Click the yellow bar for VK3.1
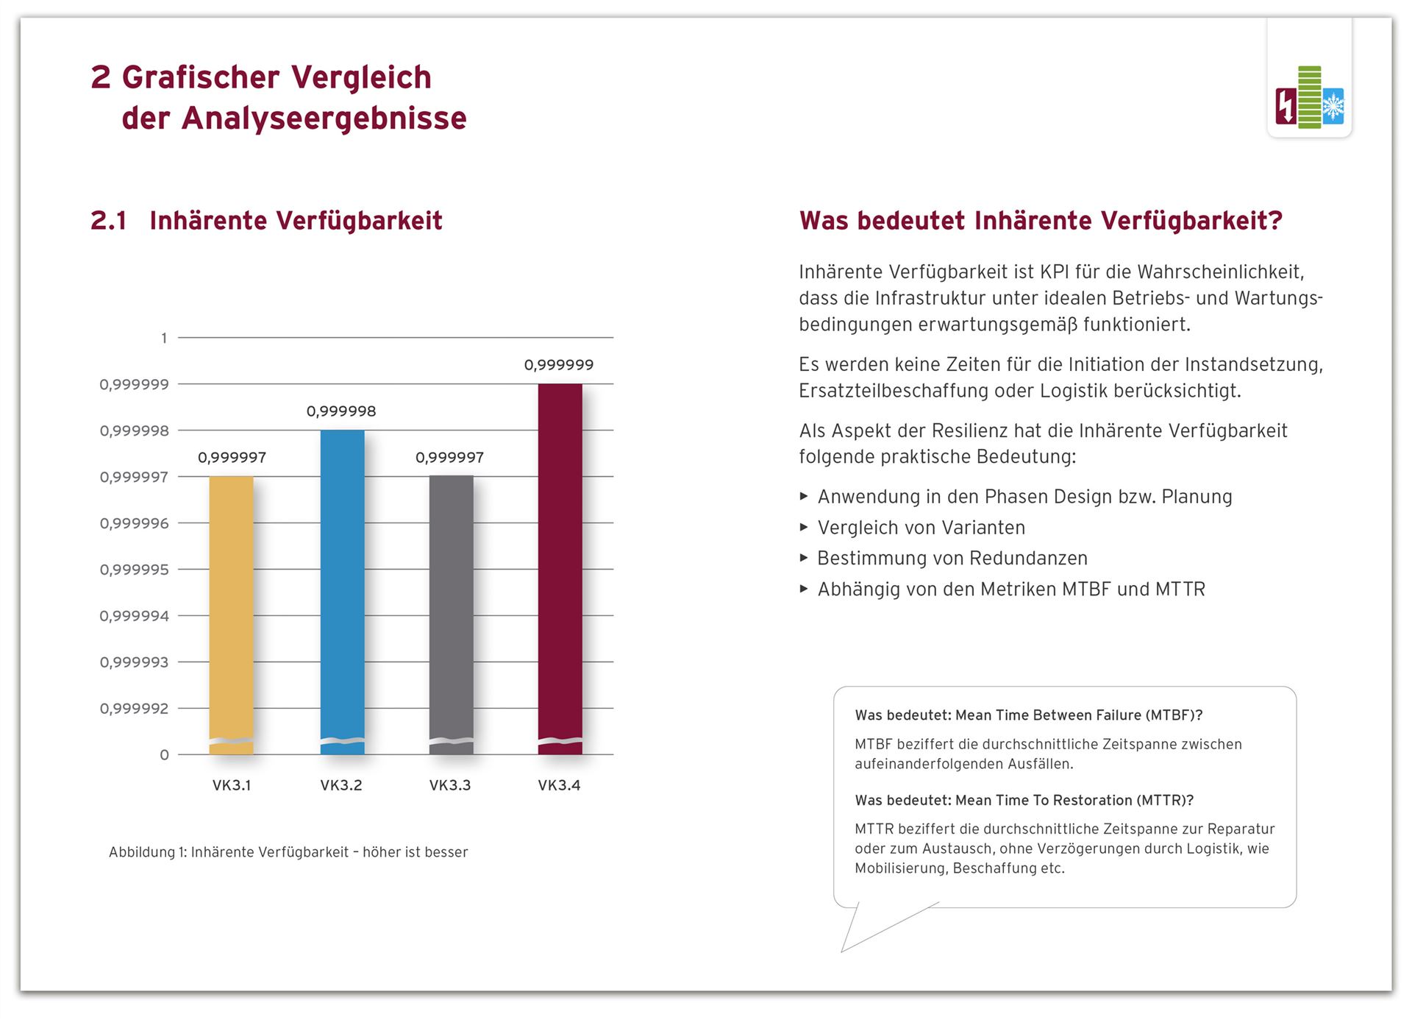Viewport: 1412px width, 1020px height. point(232,615)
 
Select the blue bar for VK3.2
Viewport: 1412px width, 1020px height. point(343,592)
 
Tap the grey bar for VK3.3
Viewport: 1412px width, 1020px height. point(452,615)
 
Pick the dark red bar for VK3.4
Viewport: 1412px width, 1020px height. point(560,569)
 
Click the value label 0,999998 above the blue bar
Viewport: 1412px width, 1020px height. point(341,411)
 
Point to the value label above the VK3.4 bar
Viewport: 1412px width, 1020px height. point(559,365)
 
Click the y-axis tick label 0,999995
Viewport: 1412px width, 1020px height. point(135,570)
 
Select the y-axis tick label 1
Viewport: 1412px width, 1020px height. point(164,338)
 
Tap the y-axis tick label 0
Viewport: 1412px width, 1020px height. point(164,755)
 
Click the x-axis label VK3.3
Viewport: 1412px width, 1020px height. point(450,785)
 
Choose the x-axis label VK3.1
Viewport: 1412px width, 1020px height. point(232,785)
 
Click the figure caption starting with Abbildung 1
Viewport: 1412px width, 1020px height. point(288,852)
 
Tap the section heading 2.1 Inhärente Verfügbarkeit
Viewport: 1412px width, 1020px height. point(266,221)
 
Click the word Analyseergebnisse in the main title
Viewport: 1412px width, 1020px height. point(324,118)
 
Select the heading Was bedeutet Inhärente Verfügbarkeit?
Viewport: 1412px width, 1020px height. point(1041,221)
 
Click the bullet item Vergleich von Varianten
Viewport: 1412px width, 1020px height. point(921,528)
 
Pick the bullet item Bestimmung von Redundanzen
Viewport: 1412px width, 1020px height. point(952,559)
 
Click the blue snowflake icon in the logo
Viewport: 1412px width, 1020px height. point(1333,107)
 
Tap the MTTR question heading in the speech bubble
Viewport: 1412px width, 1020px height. point(1024,800)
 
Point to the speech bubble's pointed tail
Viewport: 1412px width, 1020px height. point(843,951)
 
